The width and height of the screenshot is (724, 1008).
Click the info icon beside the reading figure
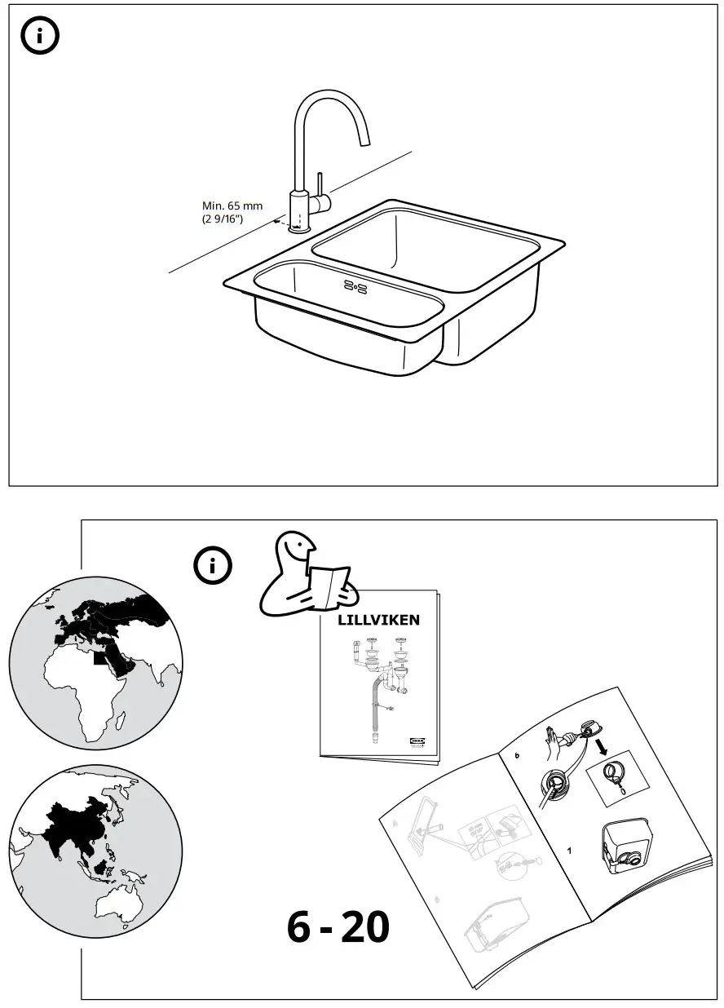coord(213,565)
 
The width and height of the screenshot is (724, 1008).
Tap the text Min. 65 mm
coord(232,206)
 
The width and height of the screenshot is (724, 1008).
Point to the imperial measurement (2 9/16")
coord(223,219)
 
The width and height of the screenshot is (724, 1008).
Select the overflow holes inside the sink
coord(356,285)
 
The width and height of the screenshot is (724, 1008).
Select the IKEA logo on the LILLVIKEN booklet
coord(417,741)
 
